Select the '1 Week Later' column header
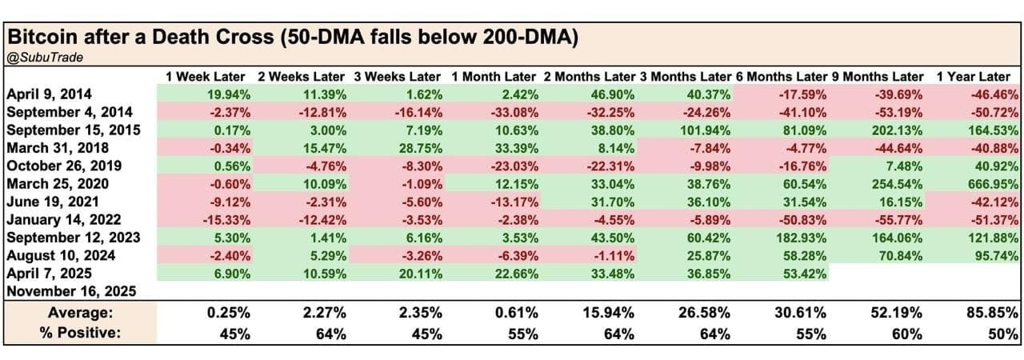207,77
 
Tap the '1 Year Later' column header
973,77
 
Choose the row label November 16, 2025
71,291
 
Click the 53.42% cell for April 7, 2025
806,274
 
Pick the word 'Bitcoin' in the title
40,37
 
